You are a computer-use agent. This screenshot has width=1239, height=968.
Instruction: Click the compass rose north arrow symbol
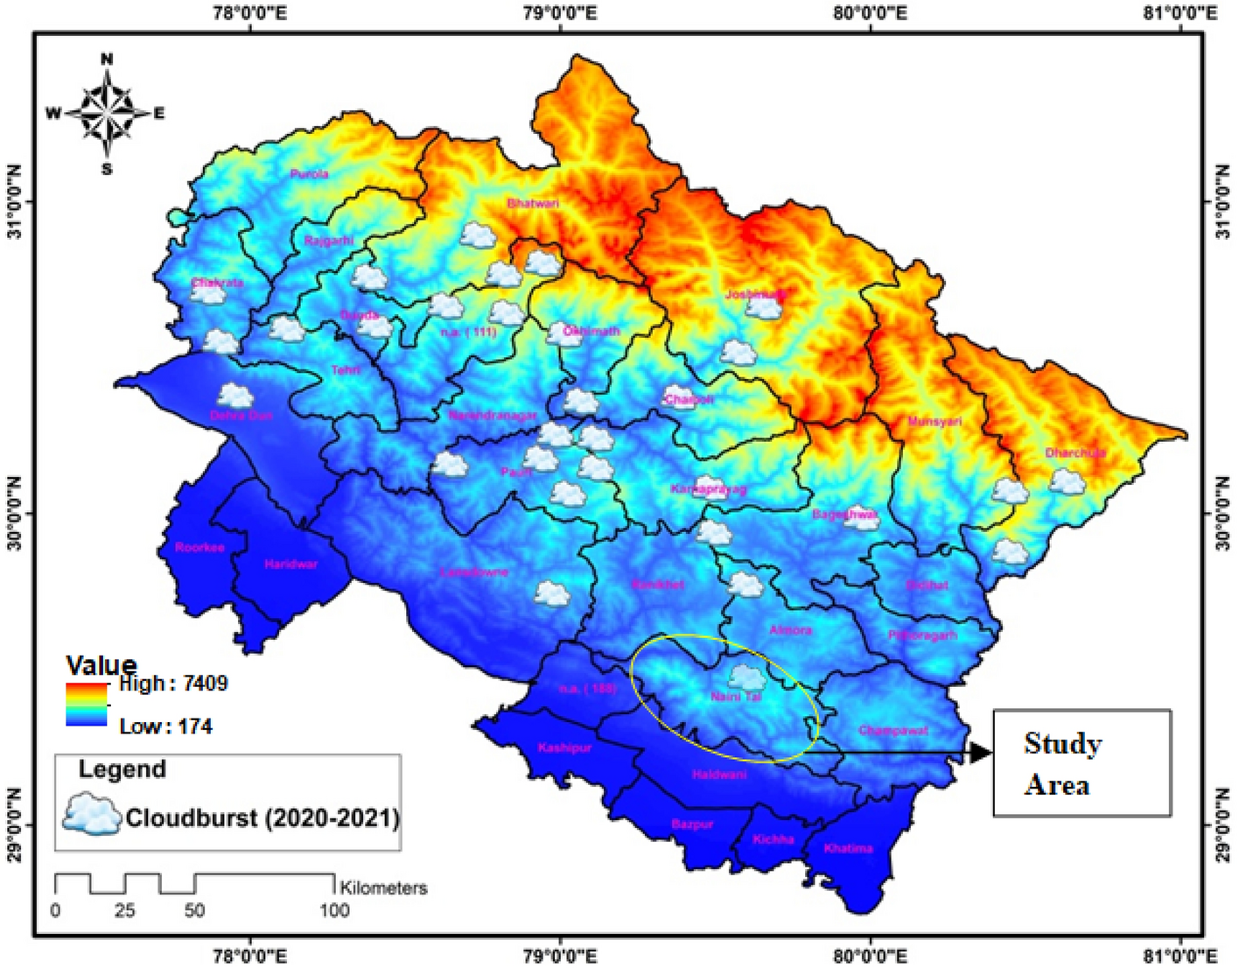pos(107,113)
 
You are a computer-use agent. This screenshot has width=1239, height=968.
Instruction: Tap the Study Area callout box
pos(1081,763)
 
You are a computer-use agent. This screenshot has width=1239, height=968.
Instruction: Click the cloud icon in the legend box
pos(91,815)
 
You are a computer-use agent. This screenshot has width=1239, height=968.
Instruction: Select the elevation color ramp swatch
pos(86,705)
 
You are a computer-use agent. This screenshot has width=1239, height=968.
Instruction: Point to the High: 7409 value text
pos(173,684)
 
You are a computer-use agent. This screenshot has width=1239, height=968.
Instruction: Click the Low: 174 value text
pos(165,726)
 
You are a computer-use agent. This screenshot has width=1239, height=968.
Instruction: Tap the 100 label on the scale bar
pos(334,911)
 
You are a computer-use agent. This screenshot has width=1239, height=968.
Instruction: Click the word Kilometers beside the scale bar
pos(384,887)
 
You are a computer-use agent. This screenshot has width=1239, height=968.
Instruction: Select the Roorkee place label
pos(199,548)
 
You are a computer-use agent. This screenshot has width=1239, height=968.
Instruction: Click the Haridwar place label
pos(291,565)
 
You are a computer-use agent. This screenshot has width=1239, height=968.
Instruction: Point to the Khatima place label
pos(848,848)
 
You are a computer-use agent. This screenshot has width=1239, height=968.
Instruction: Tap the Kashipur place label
pos(564,748)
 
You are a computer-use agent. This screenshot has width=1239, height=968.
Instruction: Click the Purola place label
pos(309,174)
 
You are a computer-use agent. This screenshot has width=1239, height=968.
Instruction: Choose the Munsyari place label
pos(934,422)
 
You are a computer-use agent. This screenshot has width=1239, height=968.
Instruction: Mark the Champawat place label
pos(893,731)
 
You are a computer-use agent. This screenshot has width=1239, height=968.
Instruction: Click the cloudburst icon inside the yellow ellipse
pos(746,677)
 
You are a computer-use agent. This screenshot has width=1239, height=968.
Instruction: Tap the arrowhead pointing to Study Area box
pos(982,753)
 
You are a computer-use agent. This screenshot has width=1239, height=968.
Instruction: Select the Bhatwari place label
pos(533,203)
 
